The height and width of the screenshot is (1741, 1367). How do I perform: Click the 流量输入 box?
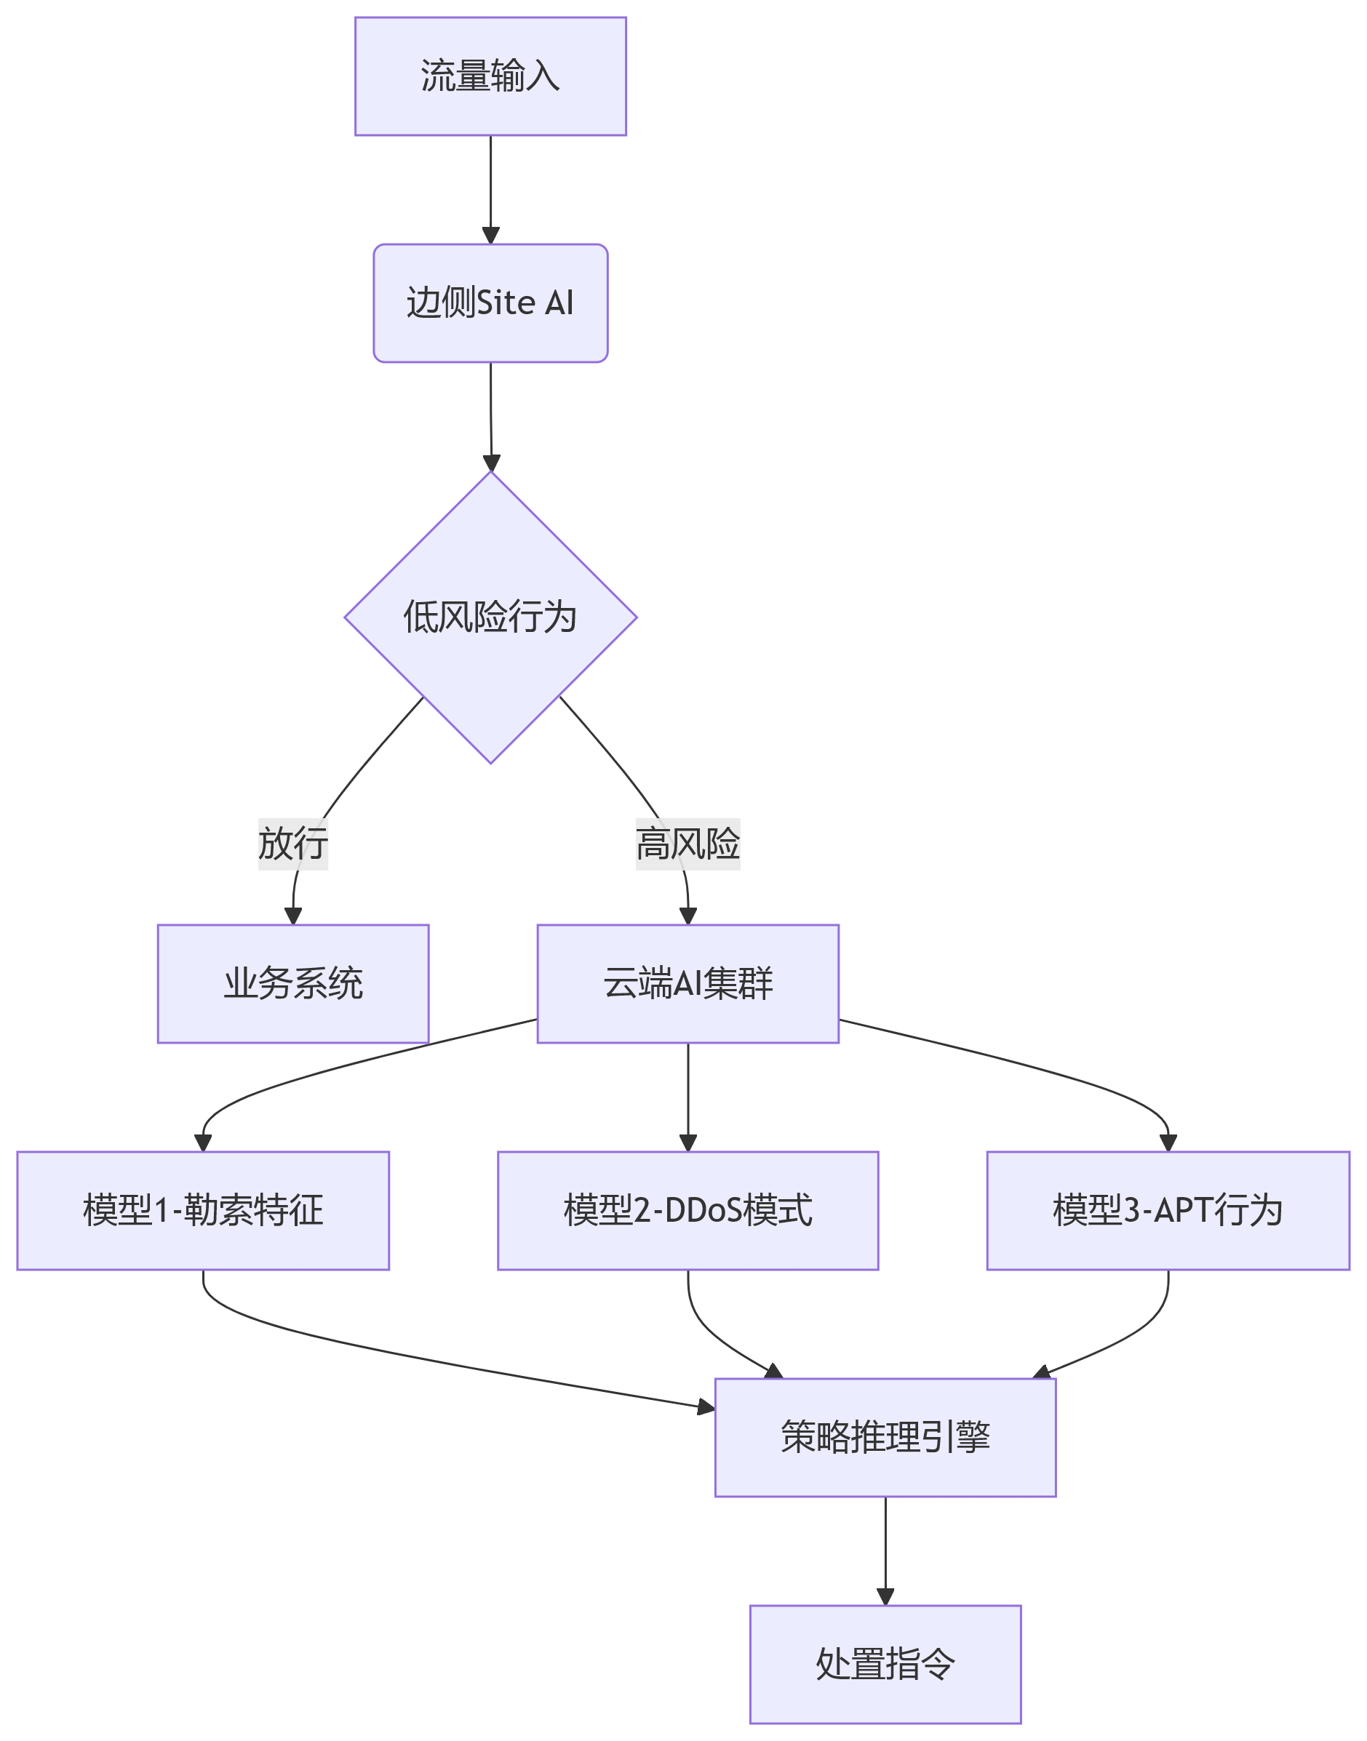pyautogui.click(x=490, y=77)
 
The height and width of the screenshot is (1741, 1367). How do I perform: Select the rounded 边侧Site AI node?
pyautogui.click(x=490, y=303)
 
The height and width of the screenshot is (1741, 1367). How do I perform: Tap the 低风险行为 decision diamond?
pyautogui.click(x=490, y=617)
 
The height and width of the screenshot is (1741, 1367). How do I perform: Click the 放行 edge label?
pyautogui.click(x=293, y=844)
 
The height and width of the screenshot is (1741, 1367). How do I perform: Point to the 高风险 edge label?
pyautogui.click(x=688, y=844)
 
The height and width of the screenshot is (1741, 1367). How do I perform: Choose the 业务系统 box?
pyautogui.click(x=293, y=983)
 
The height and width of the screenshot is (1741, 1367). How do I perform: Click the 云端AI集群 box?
pyautogui.click(x=688, y=983)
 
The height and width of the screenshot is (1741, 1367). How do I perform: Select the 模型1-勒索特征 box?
pyautogui.click(x=203, y=1211)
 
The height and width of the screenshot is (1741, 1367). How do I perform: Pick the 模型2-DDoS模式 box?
pyautogui.click(x=688, y=1211)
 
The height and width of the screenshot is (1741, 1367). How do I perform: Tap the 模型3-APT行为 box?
pyautogui.click(x=1168, y=1211)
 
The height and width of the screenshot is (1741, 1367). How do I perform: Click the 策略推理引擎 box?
pyautogui.click(x=885, y=1437)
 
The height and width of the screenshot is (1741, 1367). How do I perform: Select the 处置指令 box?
pyautogui.click(x=885, y=1664)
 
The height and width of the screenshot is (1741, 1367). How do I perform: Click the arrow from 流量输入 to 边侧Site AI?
pyautogui.click(x=490, y=188)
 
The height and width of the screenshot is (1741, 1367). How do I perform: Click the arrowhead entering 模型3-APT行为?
pyautogui.click(x=1168, y=1142)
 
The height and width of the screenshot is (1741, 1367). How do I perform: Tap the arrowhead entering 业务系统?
pyautogui.click(x=293, y=916)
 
